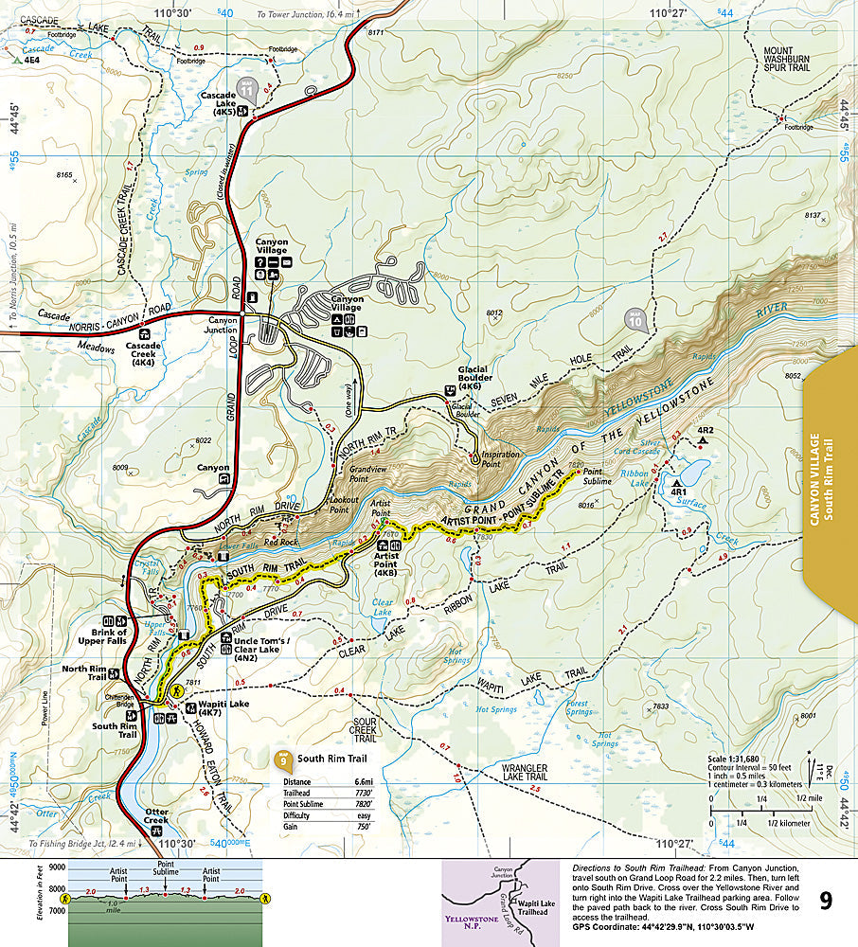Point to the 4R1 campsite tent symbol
[x=677, y=483]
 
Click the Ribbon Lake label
[x=635, y=477]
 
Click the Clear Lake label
[x=382, y=607]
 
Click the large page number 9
[x=826, y=901]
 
